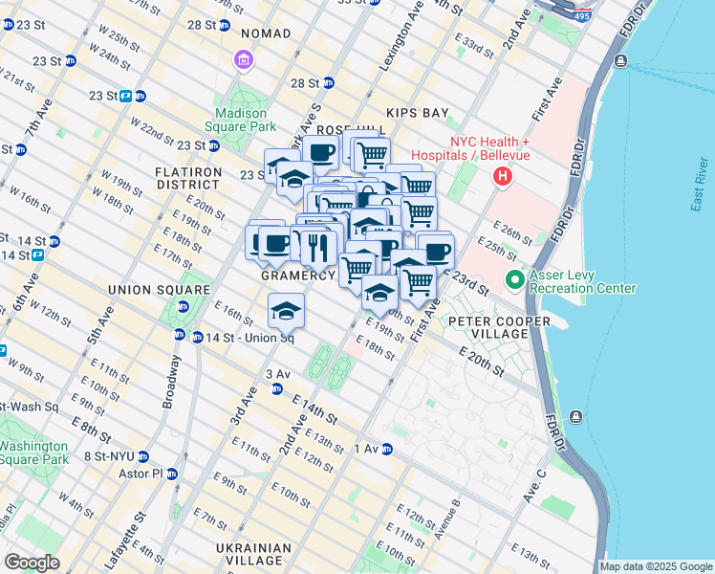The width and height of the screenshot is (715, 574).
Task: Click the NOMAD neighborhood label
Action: [258, 33]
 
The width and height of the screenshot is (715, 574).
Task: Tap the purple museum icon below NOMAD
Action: [243, 62]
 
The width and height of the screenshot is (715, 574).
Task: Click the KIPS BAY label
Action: [417, 113]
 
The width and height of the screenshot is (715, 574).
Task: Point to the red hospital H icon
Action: [502, 177]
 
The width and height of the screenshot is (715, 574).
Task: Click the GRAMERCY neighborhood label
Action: [298, 276]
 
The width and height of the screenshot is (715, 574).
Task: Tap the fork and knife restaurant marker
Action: [317, 247]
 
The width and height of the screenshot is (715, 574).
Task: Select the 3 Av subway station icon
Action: [277, 388]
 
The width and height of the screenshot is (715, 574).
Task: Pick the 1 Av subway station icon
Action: [386, 449]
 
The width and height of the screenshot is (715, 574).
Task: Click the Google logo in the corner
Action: [32, 563]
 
